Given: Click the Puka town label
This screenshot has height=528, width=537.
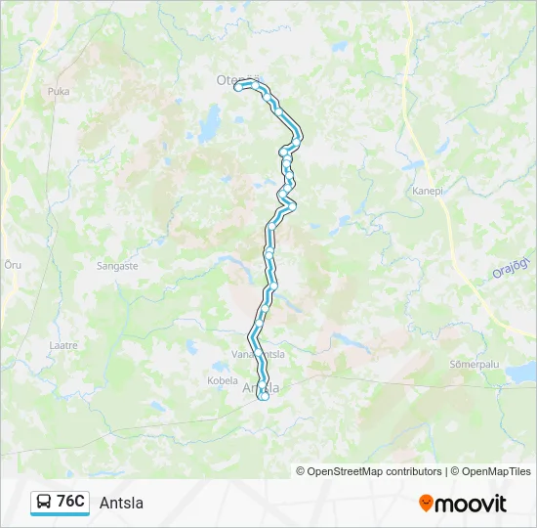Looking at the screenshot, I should pos(59,91).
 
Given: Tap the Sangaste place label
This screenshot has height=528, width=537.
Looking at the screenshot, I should pos(117,265).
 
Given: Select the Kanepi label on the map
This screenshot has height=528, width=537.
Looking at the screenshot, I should pos(428,192).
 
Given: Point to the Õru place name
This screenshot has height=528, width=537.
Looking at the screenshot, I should pos(13,265).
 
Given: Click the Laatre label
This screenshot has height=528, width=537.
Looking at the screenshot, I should pos(62,345).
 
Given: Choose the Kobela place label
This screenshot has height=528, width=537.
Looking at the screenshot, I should pos(223,380).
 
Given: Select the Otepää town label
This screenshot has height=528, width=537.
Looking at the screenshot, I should pos(234,80).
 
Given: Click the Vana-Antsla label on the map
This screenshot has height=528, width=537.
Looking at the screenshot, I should pos(259,354).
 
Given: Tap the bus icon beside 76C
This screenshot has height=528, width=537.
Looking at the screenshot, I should pos(44,502).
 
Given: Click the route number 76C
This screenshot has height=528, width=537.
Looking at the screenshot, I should pos(70,502).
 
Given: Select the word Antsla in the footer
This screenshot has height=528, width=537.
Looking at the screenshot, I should pos(121,503).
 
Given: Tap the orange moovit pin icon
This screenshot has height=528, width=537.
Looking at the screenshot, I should pos(426,504).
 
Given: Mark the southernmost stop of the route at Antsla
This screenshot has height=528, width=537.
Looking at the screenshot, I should pos(264,396).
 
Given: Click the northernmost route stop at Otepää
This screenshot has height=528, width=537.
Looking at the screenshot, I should pos(238,86).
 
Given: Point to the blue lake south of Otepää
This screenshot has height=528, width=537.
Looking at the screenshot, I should pos(210,125).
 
